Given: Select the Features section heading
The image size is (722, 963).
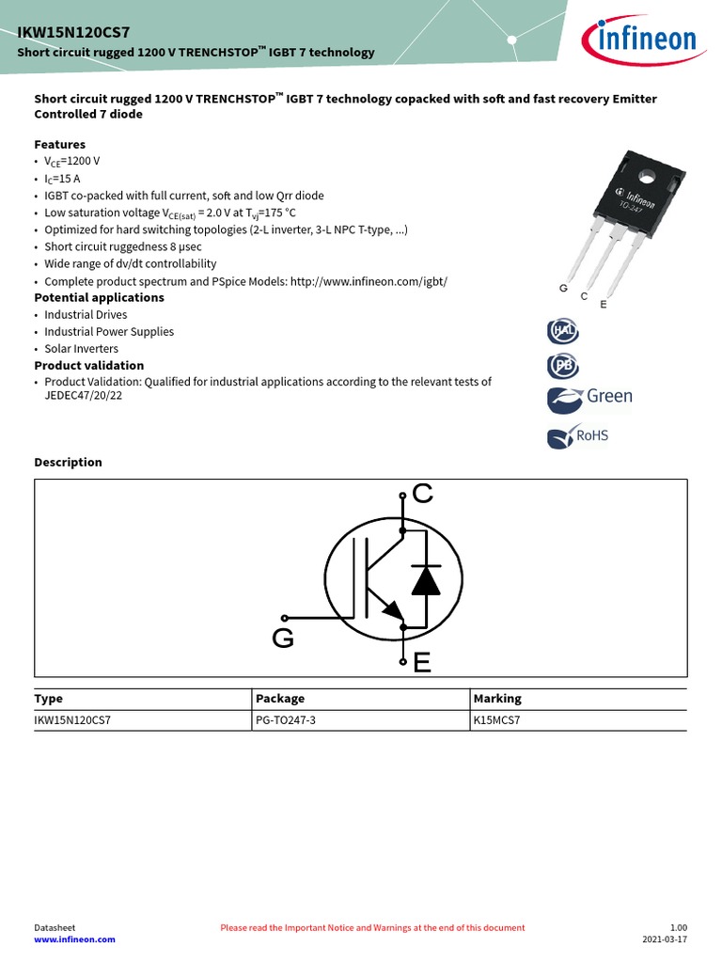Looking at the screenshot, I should [60, 144].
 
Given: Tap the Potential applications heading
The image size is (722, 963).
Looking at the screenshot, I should [99, 297].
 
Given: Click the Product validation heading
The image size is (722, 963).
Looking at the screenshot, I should [89, 365].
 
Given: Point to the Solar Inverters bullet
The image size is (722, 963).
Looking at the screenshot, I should [81, 348].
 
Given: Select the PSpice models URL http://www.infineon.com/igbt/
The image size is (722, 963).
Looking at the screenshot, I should [369, 281].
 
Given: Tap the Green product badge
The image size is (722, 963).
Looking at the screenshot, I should [589, 398].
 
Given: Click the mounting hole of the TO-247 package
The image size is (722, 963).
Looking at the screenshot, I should [647, 175].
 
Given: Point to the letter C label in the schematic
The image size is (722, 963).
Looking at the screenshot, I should [423, 493].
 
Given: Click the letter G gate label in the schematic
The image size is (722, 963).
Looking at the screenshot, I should [283, 639].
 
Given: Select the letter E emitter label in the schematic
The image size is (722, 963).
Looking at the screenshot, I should [422, 664].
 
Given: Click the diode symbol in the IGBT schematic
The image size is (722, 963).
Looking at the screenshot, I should [426, 581].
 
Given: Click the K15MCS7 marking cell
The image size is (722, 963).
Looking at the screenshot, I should [497, 720].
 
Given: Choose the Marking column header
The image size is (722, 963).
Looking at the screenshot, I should [497, 699].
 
